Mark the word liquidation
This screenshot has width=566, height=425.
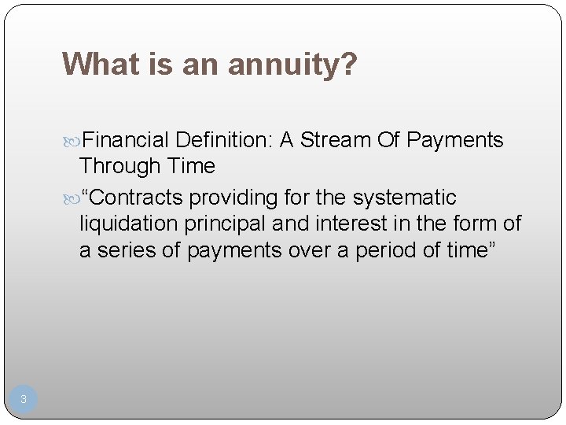coord(129,224)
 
